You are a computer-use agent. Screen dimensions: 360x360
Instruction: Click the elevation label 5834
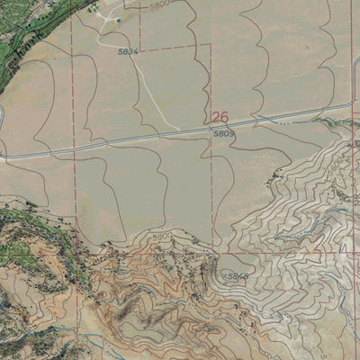tap(128, 52)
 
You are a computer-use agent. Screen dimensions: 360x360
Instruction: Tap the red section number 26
tap(220, 117)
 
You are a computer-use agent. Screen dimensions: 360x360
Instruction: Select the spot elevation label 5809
tap(224, 134)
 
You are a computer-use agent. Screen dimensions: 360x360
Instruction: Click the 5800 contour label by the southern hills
tap(162, 236)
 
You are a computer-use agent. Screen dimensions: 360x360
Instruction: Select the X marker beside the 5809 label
tap(211, 128)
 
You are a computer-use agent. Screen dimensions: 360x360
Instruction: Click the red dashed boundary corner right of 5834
tap(211, 43)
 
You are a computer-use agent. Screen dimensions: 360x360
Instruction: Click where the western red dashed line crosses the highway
tap(71, 148)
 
